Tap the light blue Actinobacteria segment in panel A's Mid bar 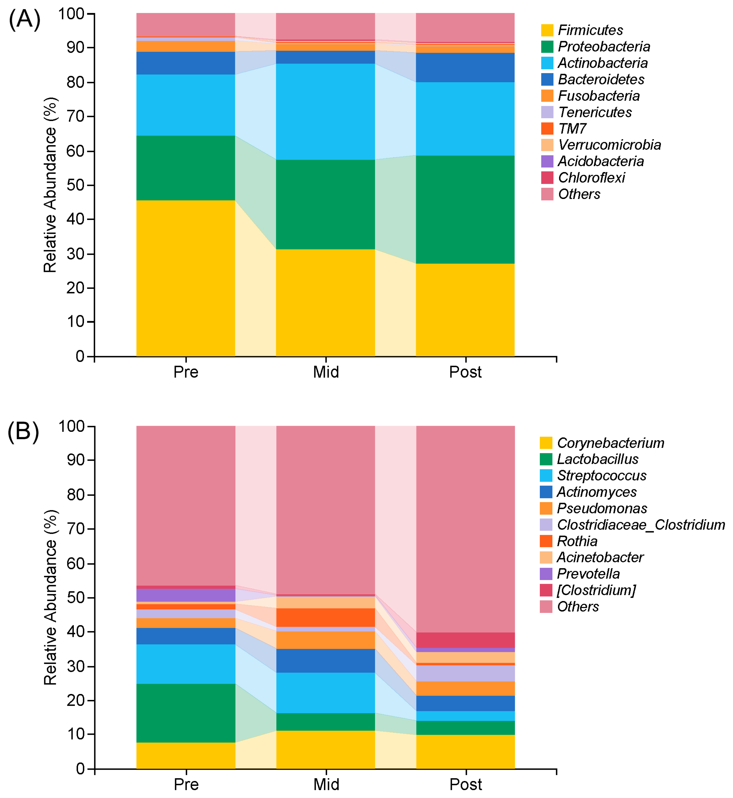[325, 112]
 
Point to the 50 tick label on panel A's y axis [75, 185]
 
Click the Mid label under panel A [326, 372]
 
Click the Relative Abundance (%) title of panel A [50, 185]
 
